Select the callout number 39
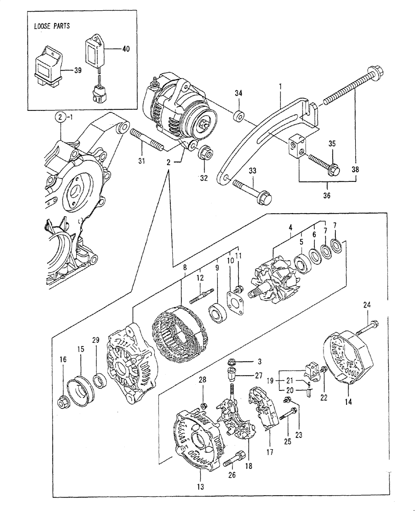[x=78, y=71]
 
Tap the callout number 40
[x=126, y=49]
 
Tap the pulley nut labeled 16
[x=64, y=403]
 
